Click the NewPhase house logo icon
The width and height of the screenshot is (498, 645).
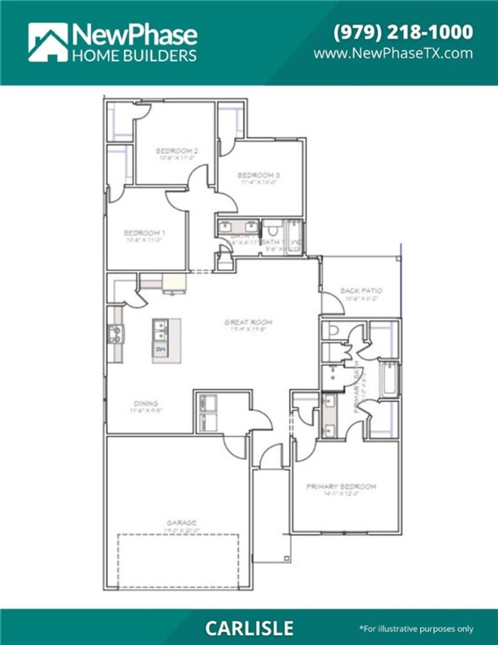pyautogui.click(x=48, y=43)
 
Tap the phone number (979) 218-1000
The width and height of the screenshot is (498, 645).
pyautogui.click(x=403, y=32)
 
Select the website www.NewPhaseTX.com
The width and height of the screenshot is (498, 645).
pyautogui.click(x=393, y=53)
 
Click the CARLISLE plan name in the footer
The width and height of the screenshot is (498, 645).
pyautogui.click(x=249, y=628)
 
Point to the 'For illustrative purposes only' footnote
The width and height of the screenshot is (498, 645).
pyautogui.click(x=416, y=629)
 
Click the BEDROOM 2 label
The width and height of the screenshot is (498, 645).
pyautogui.click(x=177, y=151)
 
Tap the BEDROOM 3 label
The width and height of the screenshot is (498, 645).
pyautogui.click(x=258, y=175)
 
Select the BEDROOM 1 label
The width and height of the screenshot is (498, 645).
pyautogui.click(x=144, y=233)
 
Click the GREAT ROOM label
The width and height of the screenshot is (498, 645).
pyautogui.click(x=248, y=322)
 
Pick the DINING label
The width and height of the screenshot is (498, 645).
pyautogui.click(x=146, y=403)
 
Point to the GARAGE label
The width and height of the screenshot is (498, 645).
pyautogui.click(x=181, y=523)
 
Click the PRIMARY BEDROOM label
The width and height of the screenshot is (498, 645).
pyautogui.click(x=341, y=486)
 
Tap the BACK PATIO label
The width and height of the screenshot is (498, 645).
pyautogui.click(x=361, y=290)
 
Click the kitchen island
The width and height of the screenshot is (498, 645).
pyautogui.click(x=166, y=340)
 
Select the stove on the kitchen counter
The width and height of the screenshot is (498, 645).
pyautogui.click(x=115, y=334)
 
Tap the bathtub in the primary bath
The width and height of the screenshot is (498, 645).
pyautogui.click(x=390, y=380)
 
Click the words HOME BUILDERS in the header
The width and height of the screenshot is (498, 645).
pyautogui.click(x=134, y=55)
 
